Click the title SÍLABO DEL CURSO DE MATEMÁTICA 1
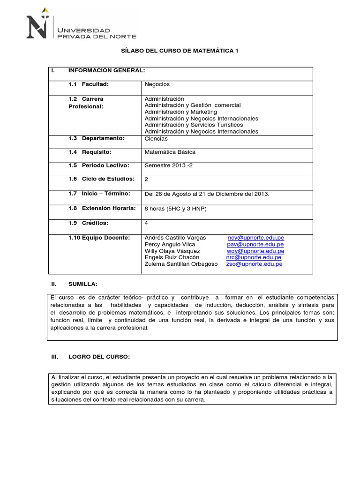180,51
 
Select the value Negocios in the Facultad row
157,84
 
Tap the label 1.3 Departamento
96,138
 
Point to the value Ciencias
156,139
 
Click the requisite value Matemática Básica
170,152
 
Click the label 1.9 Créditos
88,223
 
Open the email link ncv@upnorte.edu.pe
255,238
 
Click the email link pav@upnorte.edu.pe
255,244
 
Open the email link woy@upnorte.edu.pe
255,251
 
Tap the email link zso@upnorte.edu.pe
254,264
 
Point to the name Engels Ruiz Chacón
172,257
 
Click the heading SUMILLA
82,284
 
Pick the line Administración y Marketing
181,112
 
